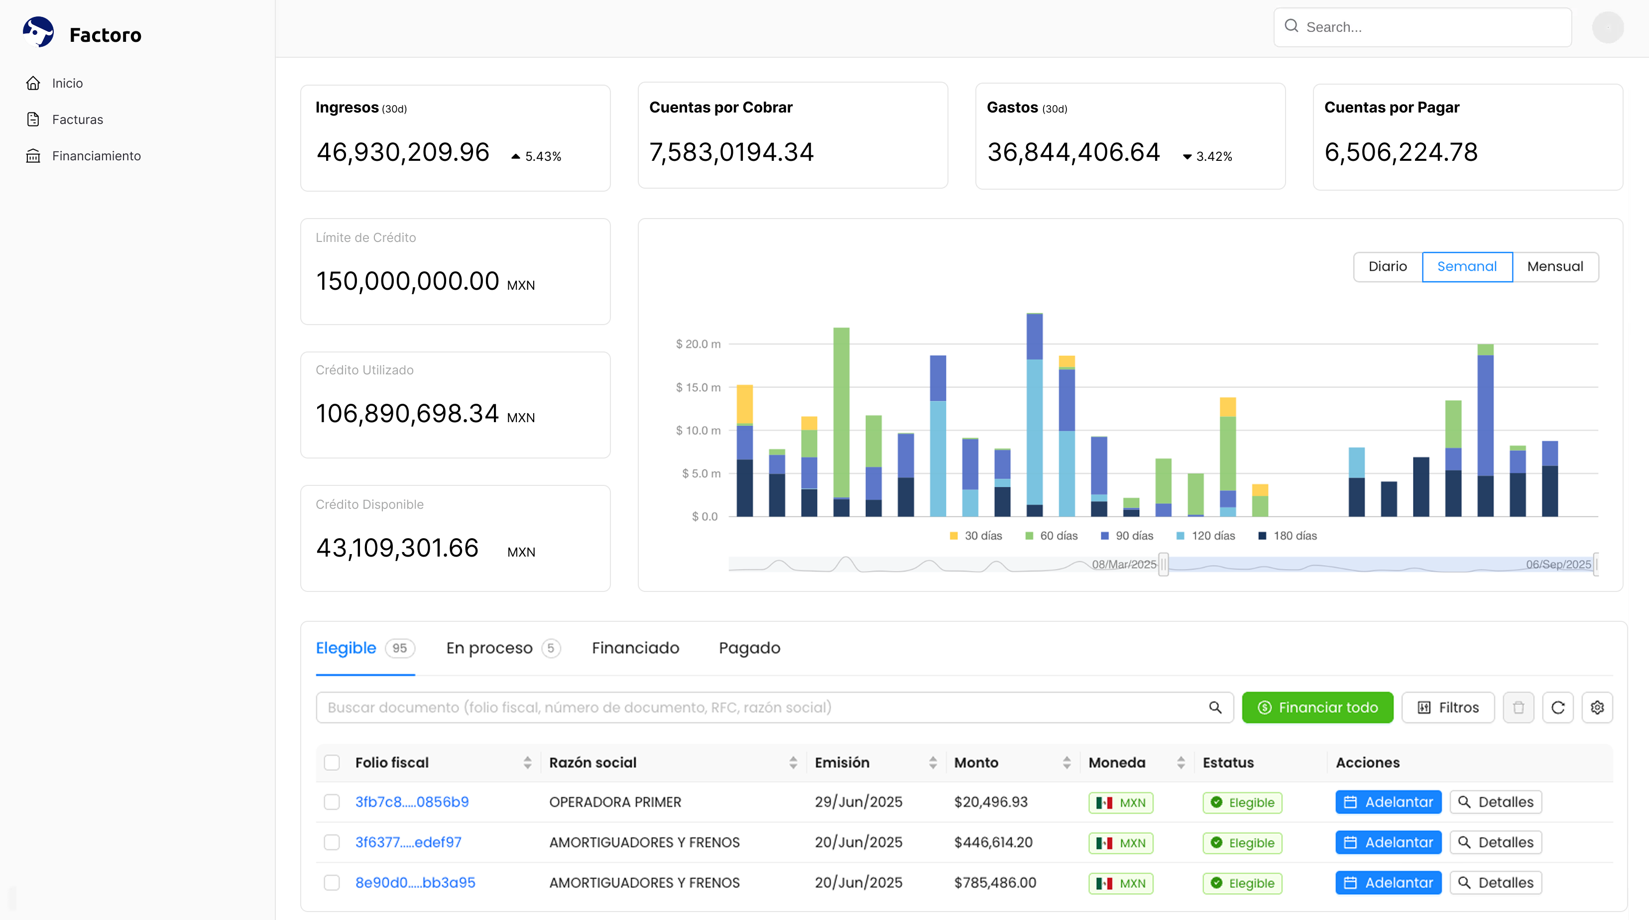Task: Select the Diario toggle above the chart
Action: (x=1387, y=266)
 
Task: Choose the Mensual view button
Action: (x=1555, y=266)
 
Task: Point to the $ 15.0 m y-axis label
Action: (x=699, y=387)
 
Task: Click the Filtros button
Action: (x=1448, y=707)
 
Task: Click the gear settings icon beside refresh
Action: (x=1597, y=707)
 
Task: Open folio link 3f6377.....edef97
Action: (x=408, y=842)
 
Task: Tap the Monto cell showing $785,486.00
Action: (x=995, y=883)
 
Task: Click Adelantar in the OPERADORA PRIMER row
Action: (x=1389, y=802)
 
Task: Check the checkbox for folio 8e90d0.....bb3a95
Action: (x=332, y=883)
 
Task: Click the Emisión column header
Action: (x=842, y=763)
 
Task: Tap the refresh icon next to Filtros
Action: (x=1558, y=707)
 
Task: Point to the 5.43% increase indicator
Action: (x=536, y=156)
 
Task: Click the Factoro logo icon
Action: (x=38, y=32)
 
